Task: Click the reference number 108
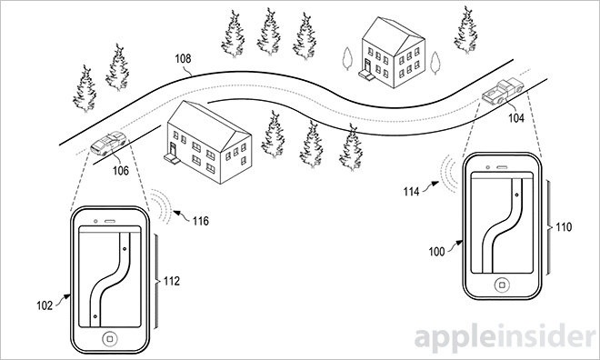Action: click(183, 58)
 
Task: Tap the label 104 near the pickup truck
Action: click(515, 118)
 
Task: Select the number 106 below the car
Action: click(121, 171)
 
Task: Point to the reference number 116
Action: click(201, 221)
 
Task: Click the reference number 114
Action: click(411, 191)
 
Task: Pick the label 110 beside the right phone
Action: click(564, 227)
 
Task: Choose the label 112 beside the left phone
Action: click(172, 281)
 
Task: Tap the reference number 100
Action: click(436, 252)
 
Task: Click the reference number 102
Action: click(45, 305)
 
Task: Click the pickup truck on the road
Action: click(503, 92)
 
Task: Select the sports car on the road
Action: click(108, 143)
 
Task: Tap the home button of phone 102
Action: click(110, 338)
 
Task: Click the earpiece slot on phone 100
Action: click(502, 167)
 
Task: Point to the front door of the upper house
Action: click(368, 65)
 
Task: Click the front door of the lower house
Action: click(173, 150)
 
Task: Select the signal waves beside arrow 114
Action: click(449, 174)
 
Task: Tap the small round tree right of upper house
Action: click(435, 63)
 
